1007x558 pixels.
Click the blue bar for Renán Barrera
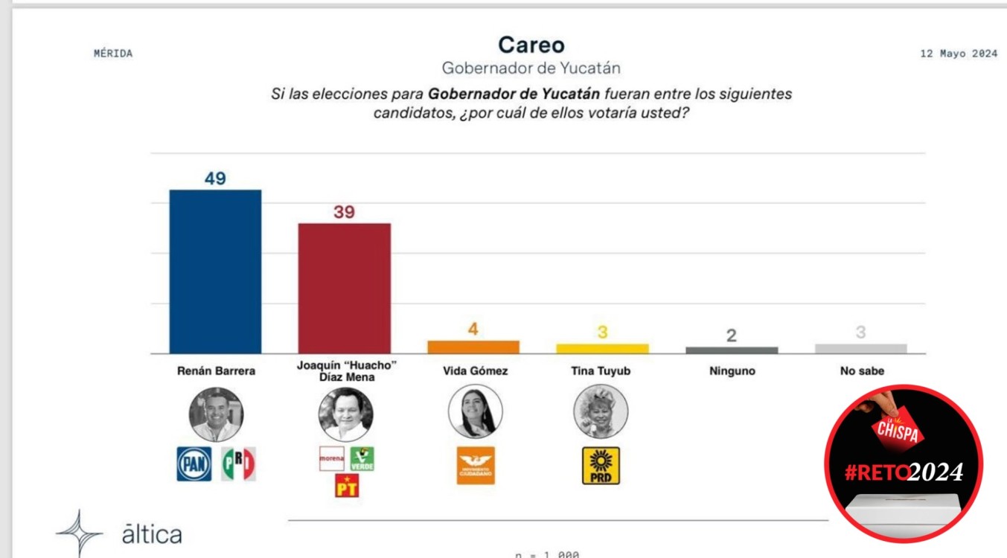point(215,272)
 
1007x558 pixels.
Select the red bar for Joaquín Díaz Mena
point(344,288)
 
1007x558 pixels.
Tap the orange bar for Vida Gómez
point(473,347)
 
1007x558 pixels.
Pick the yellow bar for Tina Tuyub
point(602,348)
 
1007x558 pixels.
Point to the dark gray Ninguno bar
point(731,350)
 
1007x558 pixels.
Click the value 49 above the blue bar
point(215,179)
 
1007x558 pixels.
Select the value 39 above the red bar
point(344,212)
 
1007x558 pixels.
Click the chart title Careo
point(531,45)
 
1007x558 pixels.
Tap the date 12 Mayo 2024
point(959,54)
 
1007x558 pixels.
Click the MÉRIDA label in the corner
point(113,54)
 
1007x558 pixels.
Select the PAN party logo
point(194,464)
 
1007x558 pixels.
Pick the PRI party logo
point(238,464)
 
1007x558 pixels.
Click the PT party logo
point(347,485)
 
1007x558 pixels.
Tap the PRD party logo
point(601,466)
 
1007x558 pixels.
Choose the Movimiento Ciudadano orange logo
point(476,466)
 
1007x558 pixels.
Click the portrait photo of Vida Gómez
point(476,411)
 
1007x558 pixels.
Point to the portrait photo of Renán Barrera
point(216,414)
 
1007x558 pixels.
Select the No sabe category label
point(861,371)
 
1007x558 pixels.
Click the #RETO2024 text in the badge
point(904,472)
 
